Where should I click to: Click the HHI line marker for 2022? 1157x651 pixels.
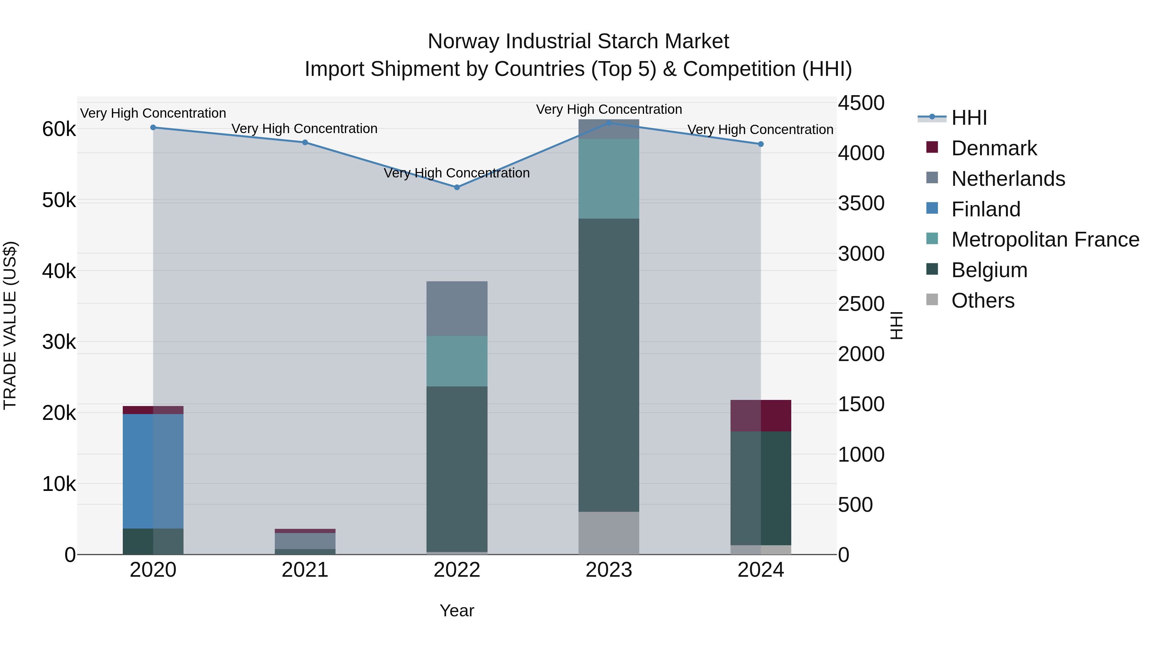pyautogui.click(x=457, y=187)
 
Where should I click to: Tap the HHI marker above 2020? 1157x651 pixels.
pyautogui.click(x=153, y=128)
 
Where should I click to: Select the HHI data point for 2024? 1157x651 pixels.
pyautogui.click(x=760, y=144)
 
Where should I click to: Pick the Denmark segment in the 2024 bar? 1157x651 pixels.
pyautogui.click(x=760, y=416)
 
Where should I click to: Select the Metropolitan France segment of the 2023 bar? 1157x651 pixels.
pyautogui.click(x=609, y=178)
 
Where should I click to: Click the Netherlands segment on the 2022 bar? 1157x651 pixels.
pyautogui.click(x=457, y=309)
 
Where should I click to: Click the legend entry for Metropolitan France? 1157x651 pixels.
pyautogui.click(x=1045, y=240)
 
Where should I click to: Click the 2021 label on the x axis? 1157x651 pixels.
pyautogui.click(x=305, y=570)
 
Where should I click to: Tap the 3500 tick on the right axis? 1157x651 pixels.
pyautogui.click(x=861, y=203)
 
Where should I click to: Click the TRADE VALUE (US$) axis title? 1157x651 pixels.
pyautogui.click(x=10, y=325)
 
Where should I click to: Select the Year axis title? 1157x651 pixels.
pyautogui.click(x=457, y=610)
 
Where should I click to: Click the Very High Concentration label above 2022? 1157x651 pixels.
pyautogui.click(x=457, y=173)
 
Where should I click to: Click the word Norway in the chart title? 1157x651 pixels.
pyautogui.click(x=463, y=41)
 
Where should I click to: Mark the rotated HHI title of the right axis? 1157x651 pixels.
pyautogui.click(x=896, y=325)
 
